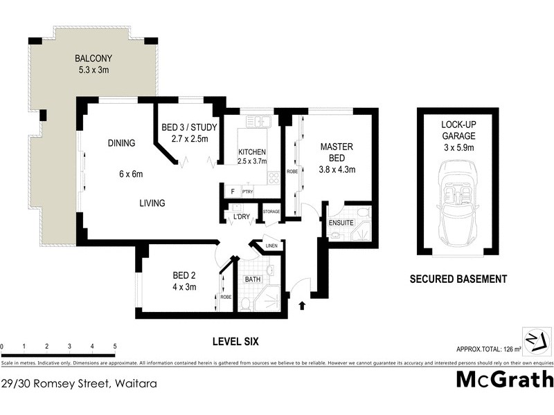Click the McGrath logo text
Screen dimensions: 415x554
click(x=505, y=379)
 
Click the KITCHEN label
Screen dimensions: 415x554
click(x=252, y=152)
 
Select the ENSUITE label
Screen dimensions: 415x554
click(x=341, y=223)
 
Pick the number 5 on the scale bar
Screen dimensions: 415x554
click(x=114, y=346)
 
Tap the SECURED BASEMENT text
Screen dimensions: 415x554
click(x=458, y=279)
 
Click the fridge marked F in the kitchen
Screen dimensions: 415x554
click(x=232, y=190)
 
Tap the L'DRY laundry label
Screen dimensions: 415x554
click(x=241, y=218)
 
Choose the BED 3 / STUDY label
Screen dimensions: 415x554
click(x=190, y=128)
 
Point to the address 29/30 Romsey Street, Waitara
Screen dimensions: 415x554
click(x=78, y=381)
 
